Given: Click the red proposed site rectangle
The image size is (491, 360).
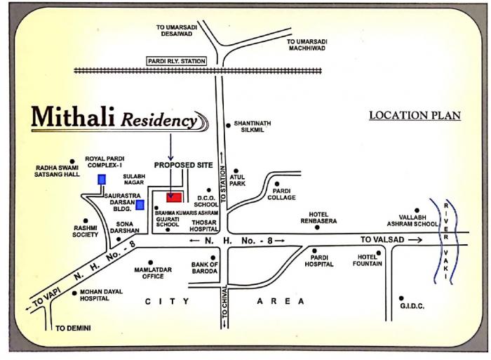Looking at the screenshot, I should click(175, 196).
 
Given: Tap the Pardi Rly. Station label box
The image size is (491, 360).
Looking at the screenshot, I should click(177, 62).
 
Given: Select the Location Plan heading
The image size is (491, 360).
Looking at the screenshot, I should click(415, 115).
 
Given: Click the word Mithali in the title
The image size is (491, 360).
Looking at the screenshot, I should click(74, 117).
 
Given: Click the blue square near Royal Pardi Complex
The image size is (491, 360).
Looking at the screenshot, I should click(102, 179).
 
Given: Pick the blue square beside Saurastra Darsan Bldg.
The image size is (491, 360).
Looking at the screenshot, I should click(140, 205).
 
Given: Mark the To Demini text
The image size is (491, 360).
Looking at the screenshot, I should click(74, 328).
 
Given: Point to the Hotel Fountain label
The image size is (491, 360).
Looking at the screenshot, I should click(370, 260).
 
